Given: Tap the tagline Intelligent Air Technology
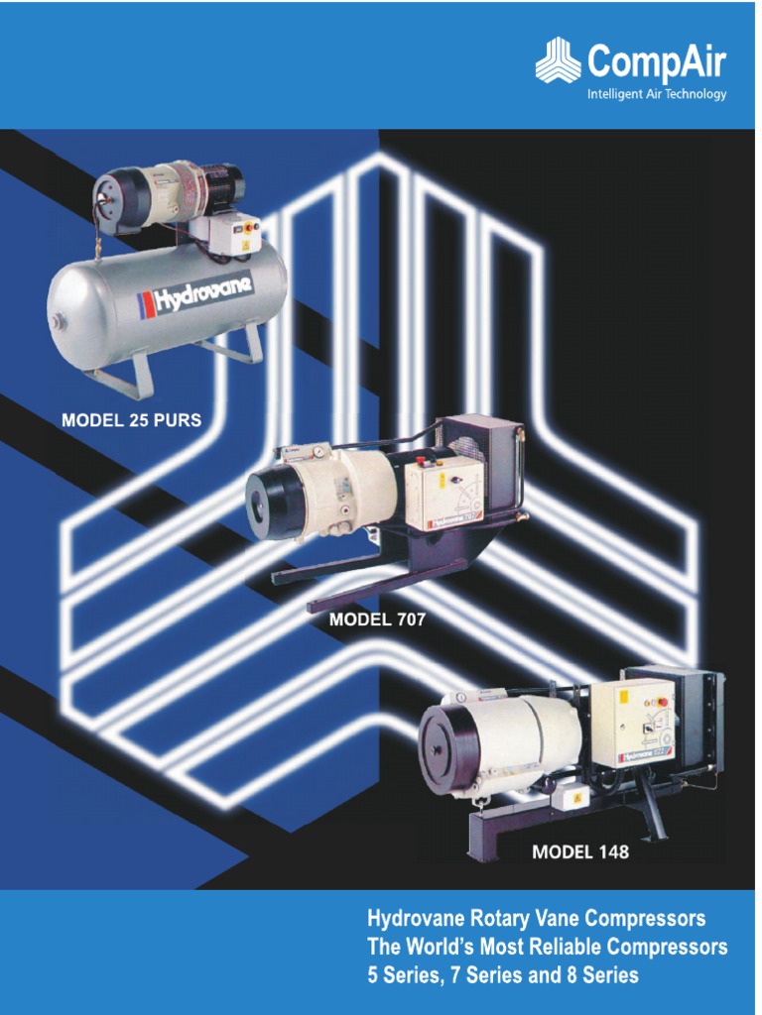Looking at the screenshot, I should click(657, 95).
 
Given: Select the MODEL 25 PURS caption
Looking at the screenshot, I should click(131, 420).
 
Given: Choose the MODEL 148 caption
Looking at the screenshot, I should click(580, 851).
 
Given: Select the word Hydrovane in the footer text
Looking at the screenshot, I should click(412, 917).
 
